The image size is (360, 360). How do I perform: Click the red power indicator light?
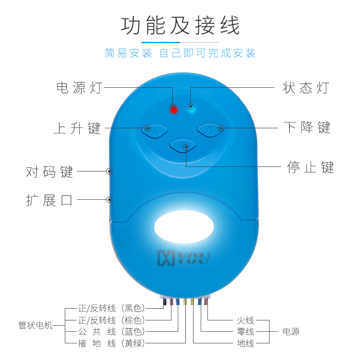(173, 108)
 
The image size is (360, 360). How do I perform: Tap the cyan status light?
(191, 107)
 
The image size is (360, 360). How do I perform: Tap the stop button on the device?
(183, 145)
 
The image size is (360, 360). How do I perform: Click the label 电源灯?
(79, 88)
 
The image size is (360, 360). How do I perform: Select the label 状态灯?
(306, 88)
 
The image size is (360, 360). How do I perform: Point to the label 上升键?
(77, 128)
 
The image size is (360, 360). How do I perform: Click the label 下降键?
(307, 128)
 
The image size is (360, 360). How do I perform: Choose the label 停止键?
(310, 167)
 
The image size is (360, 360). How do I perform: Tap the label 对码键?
(49, 172)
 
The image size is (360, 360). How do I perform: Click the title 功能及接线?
(180, 25)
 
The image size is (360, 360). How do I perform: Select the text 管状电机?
(36, 325)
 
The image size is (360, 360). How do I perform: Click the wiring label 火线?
(246, 321)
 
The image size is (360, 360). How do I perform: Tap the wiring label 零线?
(246, 332)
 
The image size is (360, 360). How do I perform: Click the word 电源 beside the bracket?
(291, 332)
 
